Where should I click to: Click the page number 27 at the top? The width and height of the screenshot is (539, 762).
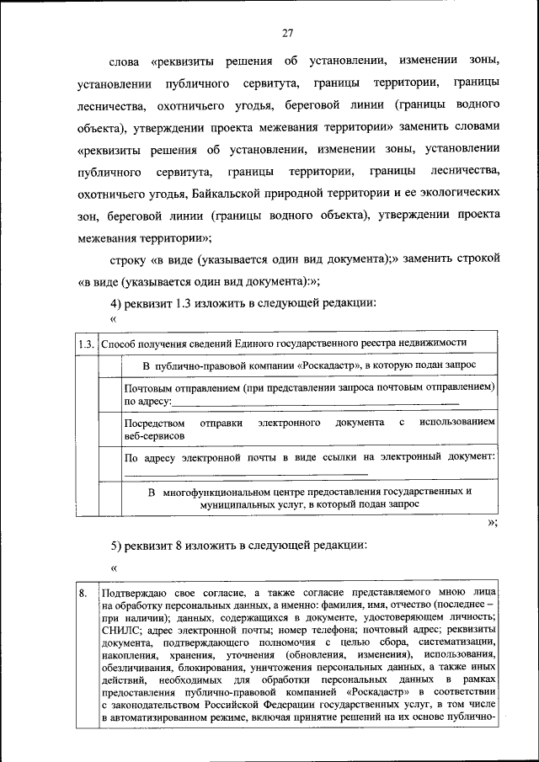coord(286,33)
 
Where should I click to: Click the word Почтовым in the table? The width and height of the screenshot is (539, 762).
coord(148,388)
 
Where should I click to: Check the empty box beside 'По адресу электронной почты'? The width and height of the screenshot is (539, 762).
coord(109,463)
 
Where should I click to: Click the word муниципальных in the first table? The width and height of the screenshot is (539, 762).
coord(237,504)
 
